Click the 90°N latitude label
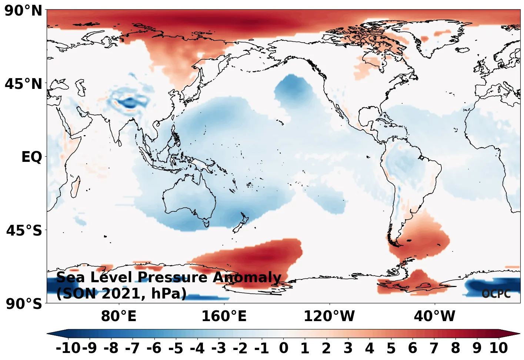click(x=23, y=11)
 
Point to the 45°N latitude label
click(x=23, y=84)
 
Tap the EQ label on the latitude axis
click(x=31, y=157)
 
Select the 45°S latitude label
click(x=24, y=230)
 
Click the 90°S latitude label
click(x=24, y=304)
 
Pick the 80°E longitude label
click(x=119, y=316)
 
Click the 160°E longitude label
click(x=224, y=316)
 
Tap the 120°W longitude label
click(x=329, y=316)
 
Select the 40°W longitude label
click(x=434, y=316)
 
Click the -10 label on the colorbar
click(x=68, y=348)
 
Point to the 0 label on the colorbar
click(x=283, y=348)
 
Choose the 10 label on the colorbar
click(x=498, y=348)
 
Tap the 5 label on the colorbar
click(x=391, y=348)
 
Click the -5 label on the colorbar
click(x=176, y=348)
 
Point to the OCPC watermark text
click(x=496, y=294)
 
